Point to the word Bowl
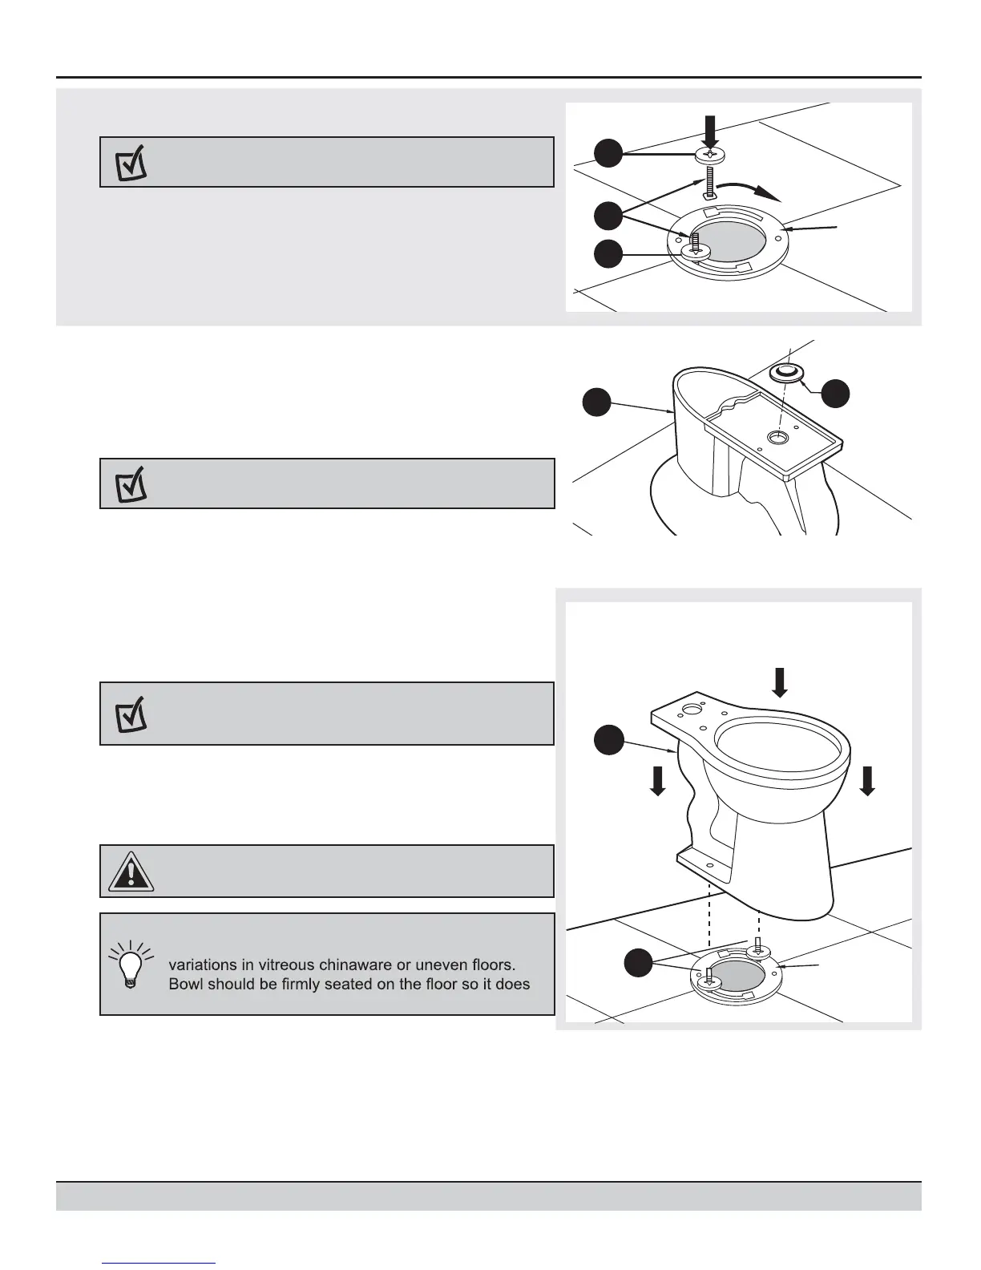pos(187,984)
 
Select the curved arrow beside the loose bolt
pos(749,190)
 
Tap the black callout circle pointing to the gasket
pos(837,392)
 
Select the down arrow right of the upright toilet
pos(867,779)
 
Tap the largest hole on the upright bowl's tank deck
pos(689,709)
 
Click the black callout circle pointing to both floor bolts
pos(638,963)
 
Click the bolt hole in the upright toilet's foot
pos(709,864)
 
